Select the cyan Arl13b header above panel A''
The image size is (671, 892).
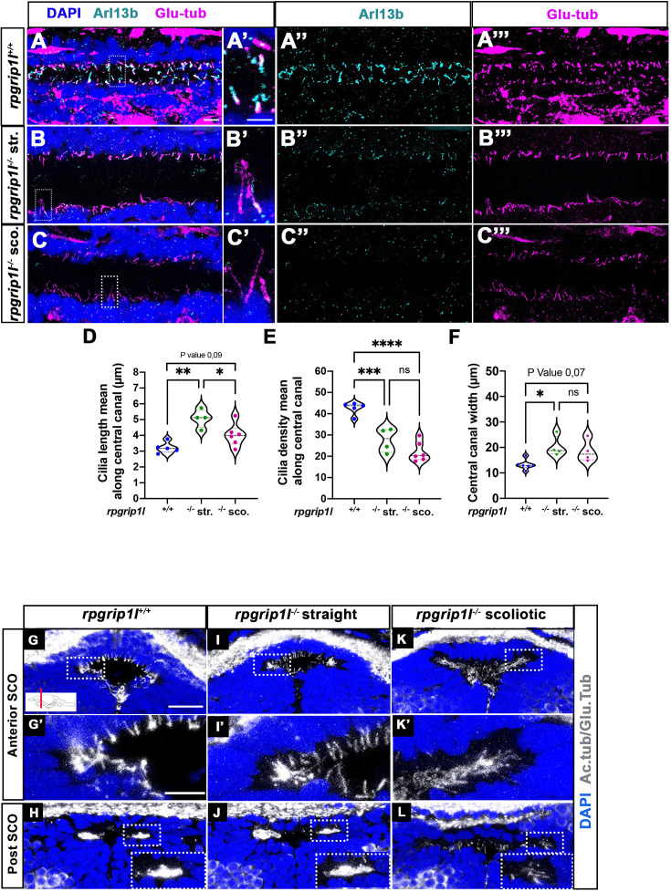tap(372, 12)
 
